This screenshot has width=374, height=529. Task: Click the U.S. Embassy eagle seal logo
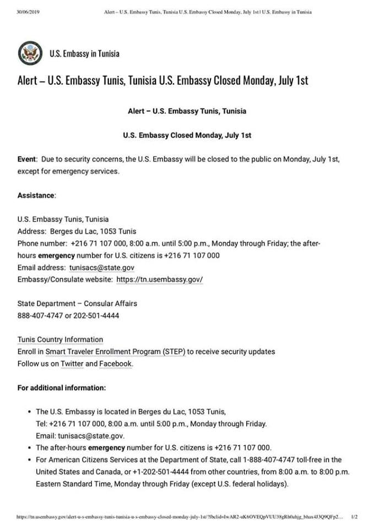(30, 53)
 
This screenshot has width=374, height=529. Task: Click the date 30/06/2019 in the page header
(29, 12)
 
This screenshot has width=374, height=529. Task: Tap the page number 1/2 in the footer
(354, 517)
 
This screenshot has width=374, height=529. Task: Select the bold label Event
(26, 159)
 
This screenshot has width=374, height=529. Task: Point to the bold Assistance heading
(36, 196)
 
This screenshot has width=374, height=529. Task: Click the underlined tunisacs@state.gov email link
(102, 267)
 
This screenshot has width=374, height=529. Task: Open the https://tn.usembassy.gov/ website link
(159, 279)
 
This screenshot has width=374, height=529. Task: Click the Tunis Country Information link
(60, 339)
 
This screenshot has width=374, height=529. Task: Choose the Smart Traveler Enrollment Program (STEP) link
(115, 352)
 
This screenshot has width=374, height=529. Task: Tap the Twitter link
(72, 364)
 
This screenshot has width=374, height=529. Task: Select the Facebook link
(116, 364)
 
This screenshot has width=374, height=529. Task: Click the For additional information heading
(62, 388)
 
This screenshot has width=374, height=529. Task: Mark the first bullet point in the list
(29, 412)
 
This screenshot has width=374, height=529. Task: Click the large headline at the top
(162, 80)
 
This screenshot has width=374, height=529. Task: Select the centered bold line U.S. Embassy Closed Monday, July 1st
(187, 135)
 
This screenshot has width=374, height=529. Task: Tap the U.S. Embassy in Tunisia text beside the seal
(84, 53)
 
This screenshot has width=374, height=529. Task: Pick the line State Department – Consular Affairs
(77, 304)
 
